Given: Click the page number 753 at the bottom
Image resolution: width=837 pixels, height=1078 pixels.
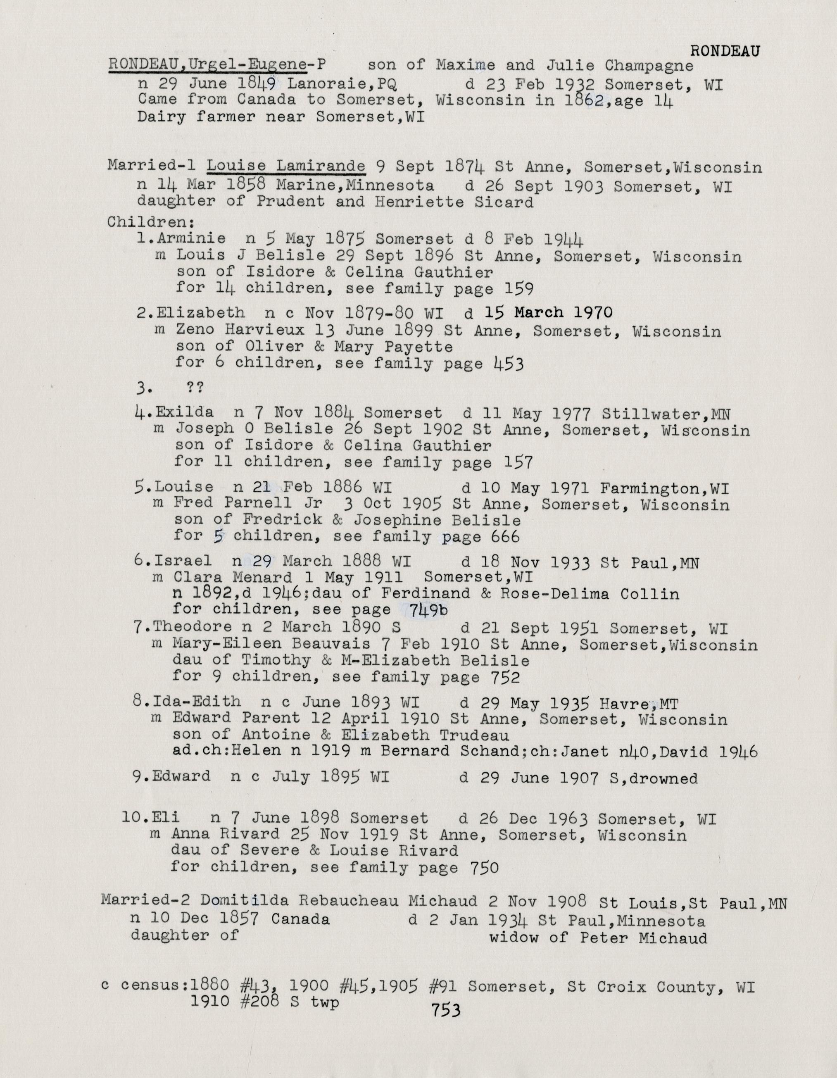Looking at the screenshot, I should click(x=446, y=1010).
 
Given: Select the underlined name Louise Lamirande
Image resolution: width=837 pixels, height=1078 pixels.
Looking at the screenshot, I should click(x=286, y=167).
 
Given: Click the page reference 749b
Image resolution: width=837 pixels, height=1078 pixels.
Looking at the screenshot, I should click(x=428, y=611).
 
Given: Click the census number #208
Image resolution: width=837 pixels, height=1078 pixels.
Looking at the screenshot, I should click(x=258, y=1002).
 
